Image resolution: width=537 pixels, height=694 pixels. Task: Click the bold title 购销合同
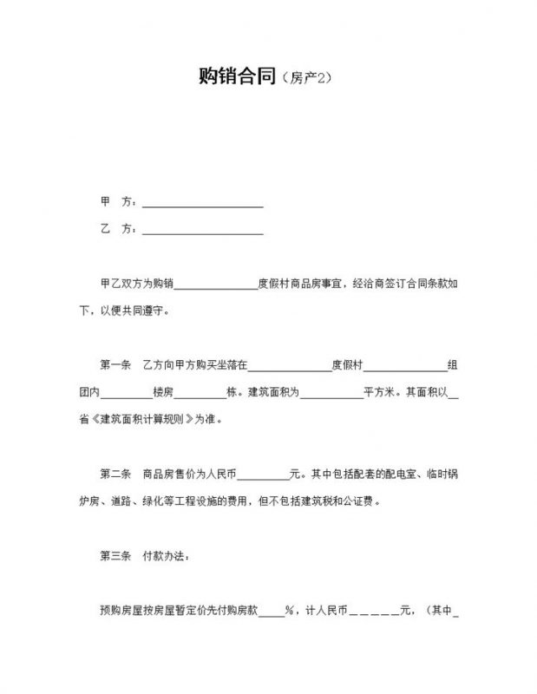[237, 77]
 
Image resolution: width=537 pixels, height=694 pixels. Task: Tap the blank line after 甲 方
[202, 204]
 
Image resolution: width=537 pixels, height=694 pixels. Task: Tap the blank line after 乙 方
[202, 231]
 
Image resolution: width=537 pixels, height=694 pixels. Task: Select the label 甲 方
[118, 202]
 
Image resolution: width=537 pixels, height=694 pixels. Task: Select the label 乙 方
[118, 230]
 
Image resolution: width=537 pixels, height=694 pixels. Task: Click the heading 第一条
[115, 365]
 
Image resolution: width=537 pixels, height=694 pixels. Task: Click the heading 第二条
[115, 475]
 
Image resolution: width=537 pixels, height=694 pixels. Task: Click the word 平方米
[380, 393]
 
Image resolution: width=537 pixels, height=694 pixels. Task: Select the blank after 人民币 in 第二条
[263, 476]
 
